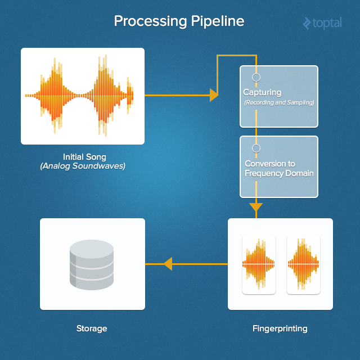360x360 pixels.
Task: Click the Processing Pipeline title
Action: [179, 21]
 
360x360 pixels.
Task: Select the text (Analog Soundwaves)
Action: [83, 166]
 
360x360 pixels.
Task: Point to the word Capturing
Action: [262, 92]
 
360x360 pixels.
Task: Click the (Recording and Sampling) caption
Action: [279, 103]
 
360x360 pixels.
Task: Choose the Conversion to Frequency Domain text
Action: [279, 169]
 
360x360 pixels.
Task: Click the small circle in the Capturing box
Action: [256, 77]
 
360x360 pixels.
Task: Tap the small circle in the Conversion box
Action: [256, 148]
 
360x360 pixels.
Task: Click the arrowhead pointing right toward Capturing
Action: [214, 95]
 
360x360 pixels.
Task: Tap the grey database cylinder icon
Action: [92, 264]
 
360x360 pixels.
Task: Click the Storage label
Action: [92, 328]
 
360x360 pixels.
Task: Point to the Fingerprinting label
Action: [280, 328]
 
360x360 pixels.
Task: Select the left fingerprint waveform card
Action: [259, 264]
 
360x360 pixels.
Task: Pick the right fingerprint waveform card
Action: [303, 264]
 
